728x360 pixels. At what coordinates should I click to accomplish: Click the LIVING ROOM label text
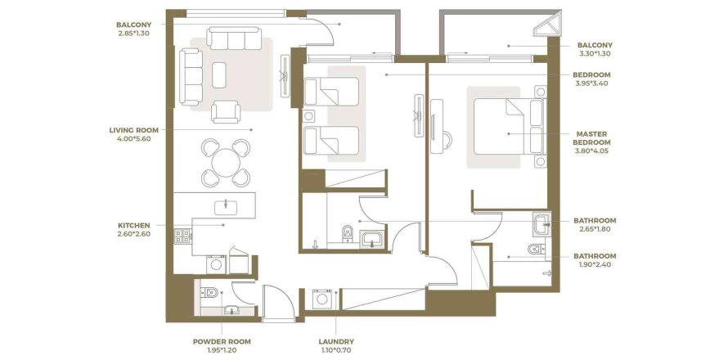tap(130, 129)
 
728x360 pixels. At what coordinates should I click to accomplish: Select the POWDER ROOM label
tap(222, 341)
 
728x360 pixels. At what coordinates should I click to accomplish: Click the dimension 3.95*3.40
tap(594, 83)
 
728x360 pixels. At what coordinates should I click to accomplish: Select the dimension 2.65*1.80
tap(595, 230)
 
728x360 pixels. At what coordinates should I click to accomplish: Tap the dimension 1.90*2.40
tap(595, 266)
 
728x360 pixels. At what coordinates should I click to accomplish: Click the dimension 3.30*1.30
tap(595, 54)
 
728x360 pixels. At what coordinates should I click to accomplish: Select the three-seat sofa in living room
tap(191, 74)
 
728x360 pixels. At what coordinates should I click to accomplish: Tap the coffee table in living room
tap(220, 74)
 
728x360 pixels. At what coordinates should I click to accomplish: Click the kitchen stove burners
tap(182, 236)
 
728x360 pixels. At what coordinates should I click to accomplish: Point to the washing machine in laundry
tap(322, 299)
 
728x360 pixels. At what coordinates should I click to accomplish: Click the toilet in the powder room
tap(209, 290)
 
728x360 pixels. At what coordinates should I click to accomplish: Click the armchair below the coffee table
tap(225, 110)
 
